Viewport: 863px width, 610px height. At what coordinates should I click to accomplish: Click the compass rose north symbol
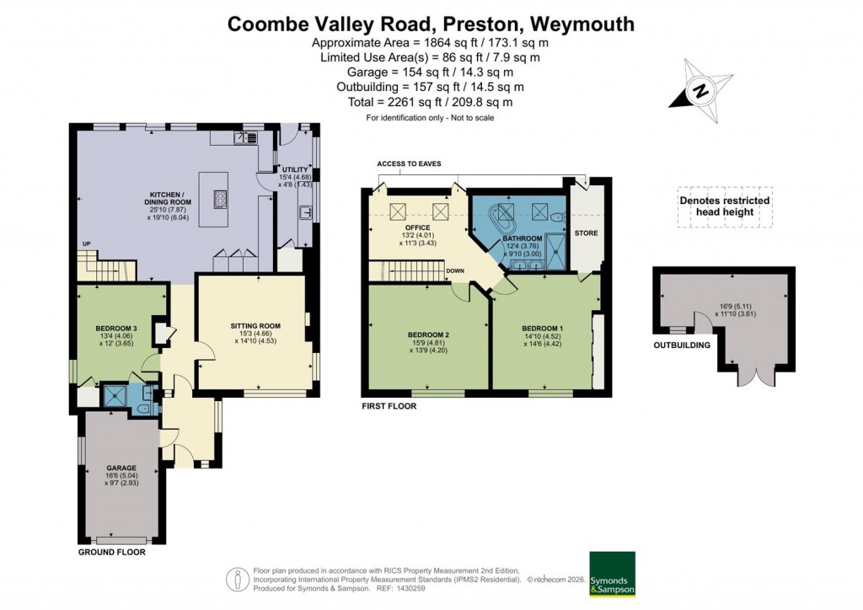coord(699,90)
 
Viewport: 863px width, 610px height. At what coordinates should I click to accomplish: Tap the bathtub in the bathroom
coord(508,216)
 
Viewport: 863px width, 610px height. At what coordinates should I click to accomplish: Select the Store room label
coord(586,232)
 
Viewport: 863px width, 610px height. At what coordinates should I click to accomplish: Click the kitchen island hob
coord(222,199)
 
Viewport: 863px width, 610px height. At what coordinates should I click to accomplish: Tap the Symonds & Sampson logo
coord(613,574)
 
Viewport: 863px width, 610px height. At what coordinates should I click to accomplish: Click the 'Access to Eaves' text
coord(409,163)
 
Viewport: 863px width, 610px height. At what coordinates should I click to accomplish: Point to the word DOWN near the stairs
coord(455,271)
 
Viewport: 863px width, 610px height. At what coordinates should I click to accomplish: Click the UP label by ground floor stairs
coord(86,244)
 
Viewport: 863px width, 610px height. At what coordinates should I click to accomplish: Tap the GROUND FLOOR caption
coord(112,553)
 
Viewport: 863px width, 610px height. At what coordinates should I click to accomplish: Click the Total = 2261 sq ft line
coord(431,102)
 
